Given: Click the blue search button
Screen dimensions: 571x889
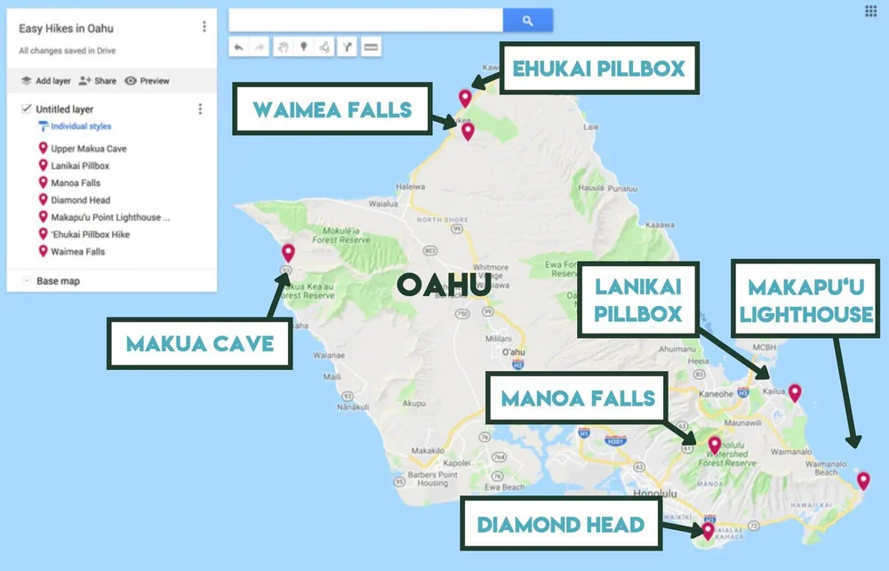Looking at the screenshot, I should point(527,20).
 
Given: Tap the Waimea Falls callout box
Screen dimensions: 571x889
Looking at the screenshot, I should point(332,110).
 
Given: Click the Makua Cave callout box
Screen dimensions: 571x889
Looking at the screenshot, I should point(199,343).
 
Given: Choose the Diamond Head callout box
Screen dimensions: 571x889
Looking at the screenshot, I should point(560,524).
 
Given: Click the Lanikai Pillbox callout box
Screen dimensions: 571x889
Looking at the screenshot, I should point(638,300).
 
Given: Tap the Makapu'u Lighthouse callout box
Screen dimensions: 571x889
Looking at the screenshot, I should point(810,300).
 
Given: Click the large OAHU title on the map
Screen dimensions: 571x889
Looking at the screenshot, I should point(443,285).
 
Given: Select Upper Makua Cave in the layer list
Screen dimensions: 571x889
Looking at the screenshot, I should point(88,149).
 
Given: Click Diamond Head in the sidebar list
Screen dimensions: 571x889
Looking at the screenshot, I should point(80,200).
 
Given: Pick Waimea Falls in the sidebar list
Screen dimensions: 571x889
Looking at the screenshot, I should point(77,252).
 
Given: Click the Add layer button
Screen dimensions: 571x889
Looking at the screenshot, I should point(45,81).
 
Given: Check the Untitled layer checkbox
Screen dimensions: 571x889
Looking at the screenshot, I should point(26,109).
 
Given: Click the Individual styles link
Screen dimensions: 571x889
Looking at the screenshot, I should point(80,127).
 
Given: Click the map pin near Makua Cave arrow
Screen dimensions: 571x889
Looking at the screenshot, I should point(288,252).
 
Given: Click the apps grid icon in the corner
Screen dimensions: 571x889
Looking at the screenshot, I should point(870,12).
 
